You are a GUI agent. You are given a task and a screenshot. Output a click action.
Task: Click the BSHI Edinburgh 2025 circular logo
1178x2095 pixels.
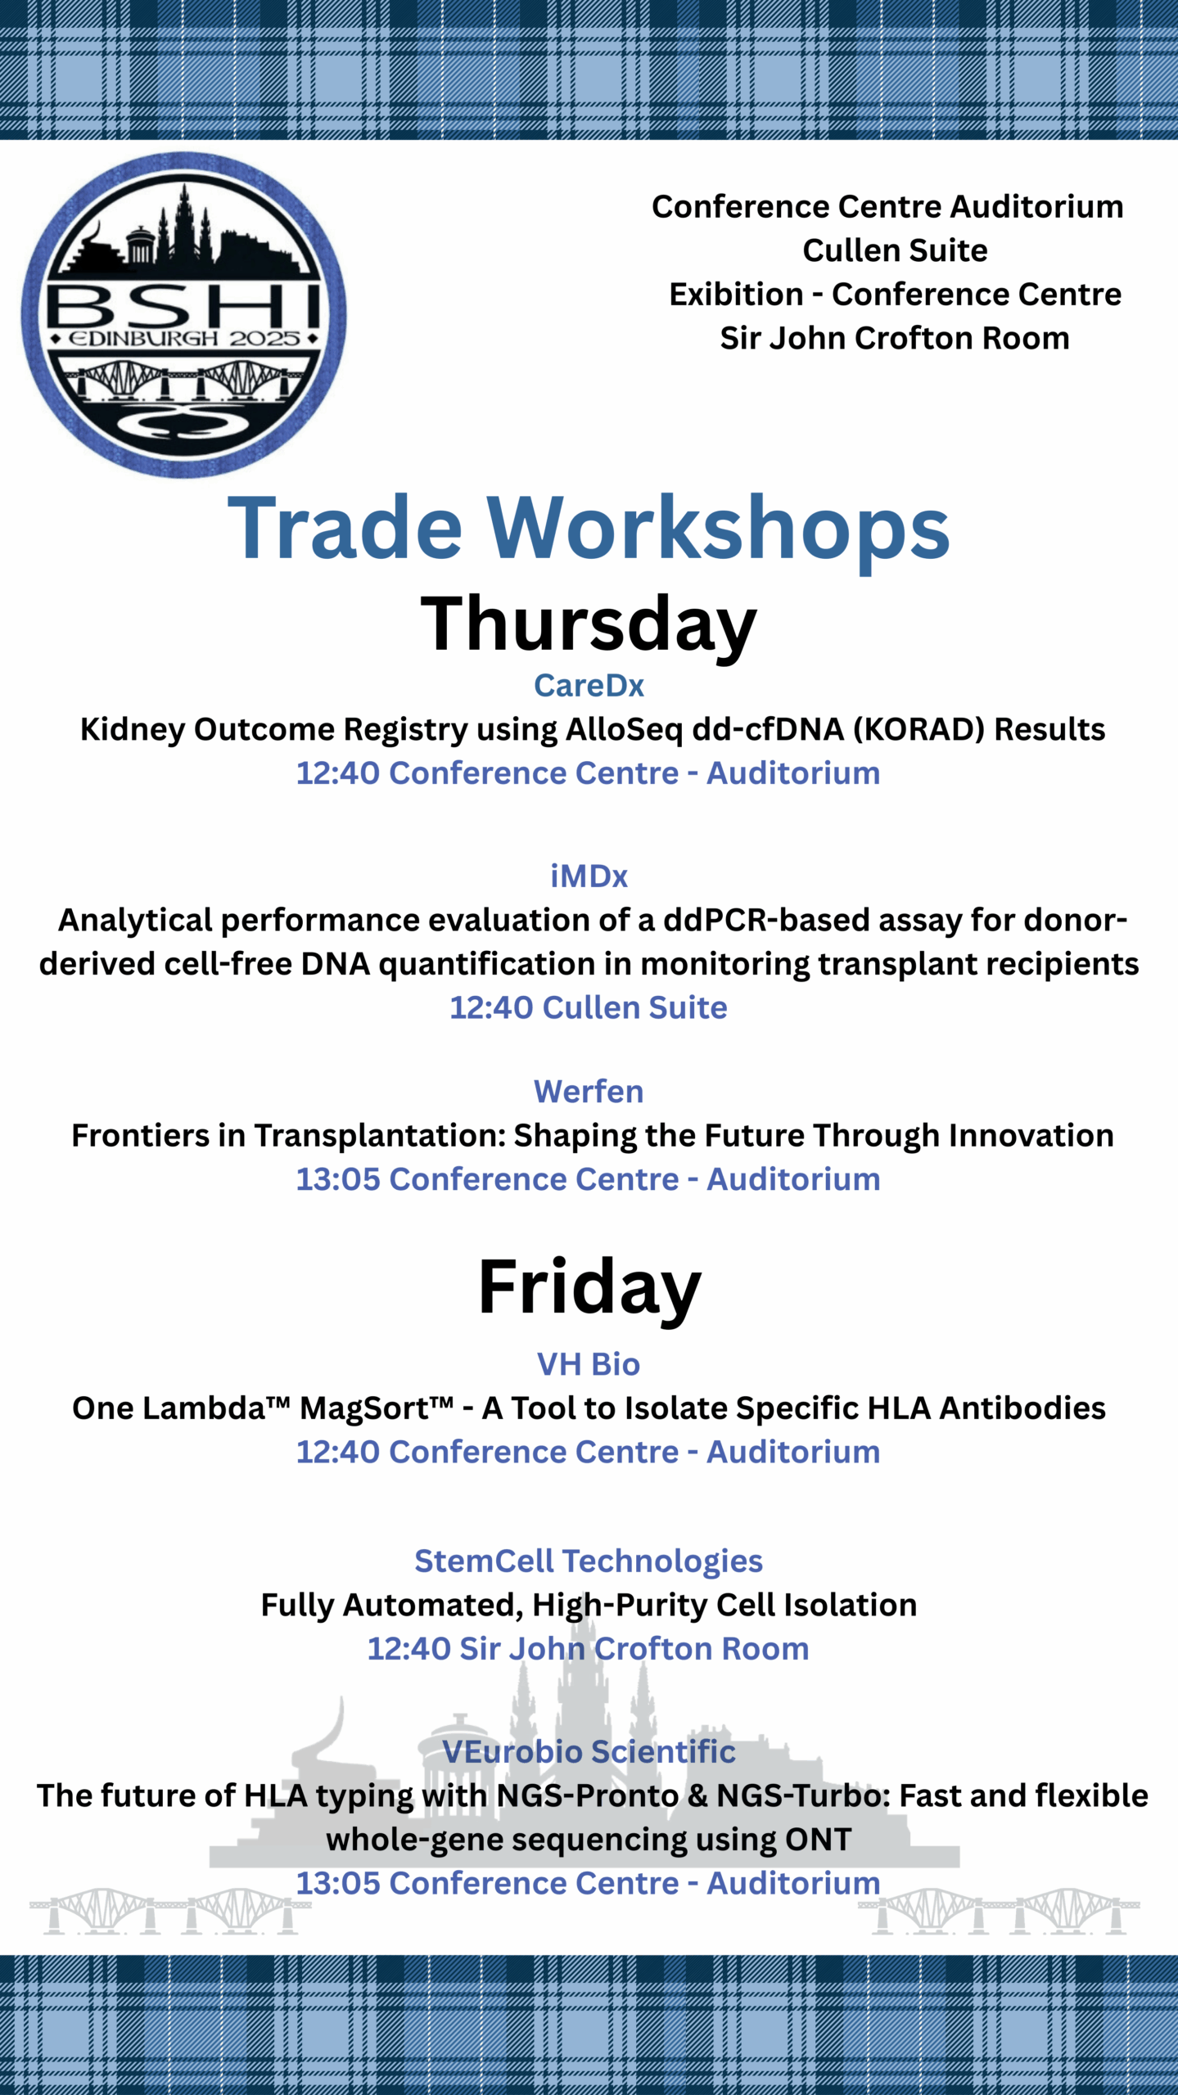coord(183,315)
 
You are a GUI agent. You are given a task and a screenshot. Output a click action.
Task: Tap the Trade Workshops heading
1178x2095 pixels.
coord(589,529)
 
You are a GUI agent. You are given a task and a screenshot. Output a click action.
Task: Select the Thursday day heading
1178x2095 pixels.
coord(589,624)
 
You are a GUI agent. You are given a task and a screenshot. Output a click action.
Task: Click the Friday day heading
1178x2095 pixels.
coord(589,1288)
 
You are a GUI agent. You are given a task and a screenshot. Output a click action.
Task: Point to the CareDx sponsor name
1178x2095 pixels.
coord(589,686)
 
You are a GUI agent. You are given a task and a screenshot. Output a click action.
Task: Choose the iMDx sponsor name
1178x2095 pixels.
coord(589,876)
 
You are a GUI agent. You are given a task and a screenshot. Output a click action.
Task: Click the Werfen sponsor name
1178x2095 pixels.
coord(589,1092)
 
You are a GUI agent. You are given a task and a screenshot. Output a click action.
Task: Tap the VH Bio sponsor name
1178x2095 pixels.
coord(589,1364)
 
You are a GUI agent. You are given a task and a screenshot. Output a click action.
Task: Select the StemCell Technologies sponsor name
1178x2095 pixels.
coord(589,1561)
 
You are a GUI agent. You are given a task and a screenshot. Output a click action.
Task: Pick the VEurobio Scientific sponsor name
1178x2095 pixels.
coord(589,1752)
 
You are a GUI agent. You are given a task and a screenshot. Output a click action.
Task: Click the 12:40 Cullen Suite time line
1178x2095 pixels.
coord(589,1007)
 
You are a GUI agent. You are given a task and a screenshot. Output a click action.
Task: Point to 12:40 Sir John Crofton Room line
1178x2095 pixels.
coord(589,1648)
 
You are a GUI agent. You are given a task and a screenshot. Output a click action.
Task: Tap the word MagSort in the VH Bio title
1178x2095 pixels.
coord(376,1408)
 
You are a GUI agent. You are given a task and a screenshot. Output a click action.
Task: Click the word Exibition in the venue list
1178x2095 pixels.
coord(736,295)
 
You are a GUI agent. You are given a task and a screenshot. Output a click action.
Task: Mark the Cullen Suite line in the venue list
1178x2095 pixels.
coord(895,250)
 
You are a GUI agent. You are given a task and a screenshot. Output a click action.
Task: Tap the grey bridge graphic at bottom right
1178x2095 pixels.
coord(999,1911)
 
